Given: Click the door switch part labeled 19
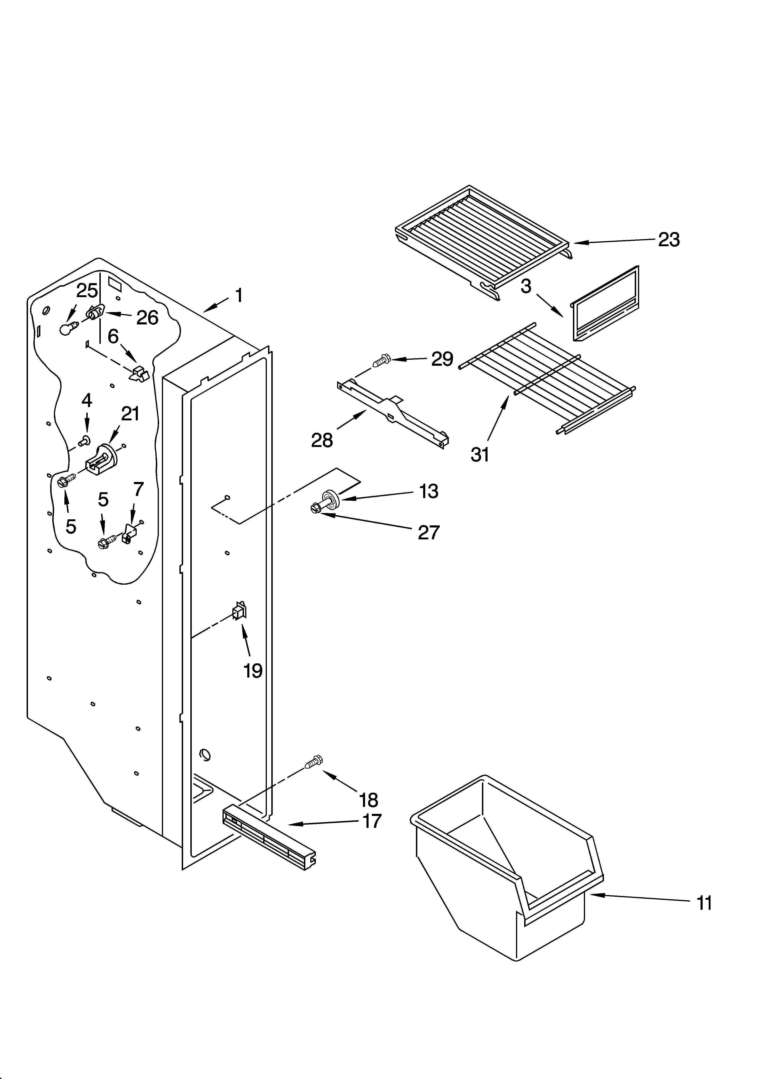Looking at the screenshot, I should [239, 610].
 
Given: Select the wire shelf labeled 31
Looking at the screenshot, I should [547, 378].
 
